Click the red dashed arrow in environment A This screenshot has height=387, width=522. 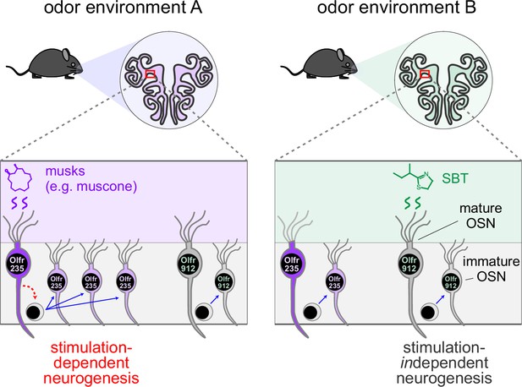(32, 288)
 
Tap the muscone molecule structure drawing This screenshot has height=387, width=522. (19, 178)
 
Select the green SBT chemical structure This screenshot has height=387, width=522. (414, 177)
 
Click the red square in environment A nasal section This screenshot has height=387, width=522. (150, 74)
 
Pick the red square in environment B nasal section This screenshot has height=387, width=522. (425, 74)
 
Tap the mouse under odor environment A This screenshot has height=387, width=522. (44, 64)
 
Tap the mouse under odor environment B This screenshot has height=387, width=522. (319, 64)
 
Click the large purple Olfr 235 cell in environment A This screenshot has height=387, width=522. (17, 264)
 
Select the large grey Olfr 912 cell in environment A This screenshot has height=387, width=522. (188, 264)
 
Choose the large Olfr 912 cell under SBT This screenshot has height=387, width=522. (409, 264)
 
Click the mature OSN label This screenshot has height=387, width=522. (481, 215)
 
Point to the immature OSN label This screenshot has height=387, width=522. (491, 269)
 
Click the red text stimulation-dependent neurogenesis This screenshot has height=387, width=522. (91, 363)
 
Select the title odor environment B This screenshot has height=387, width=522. (397, 8)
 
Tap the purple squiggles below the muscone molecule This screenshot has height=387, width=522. (19, 203)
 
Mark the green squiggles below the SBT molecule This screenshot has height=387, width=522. (412, 203)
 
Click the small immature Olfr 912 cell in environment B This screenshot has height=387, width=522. (451, 282)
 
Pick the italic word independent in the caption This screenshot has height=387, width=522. (444, 363)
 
